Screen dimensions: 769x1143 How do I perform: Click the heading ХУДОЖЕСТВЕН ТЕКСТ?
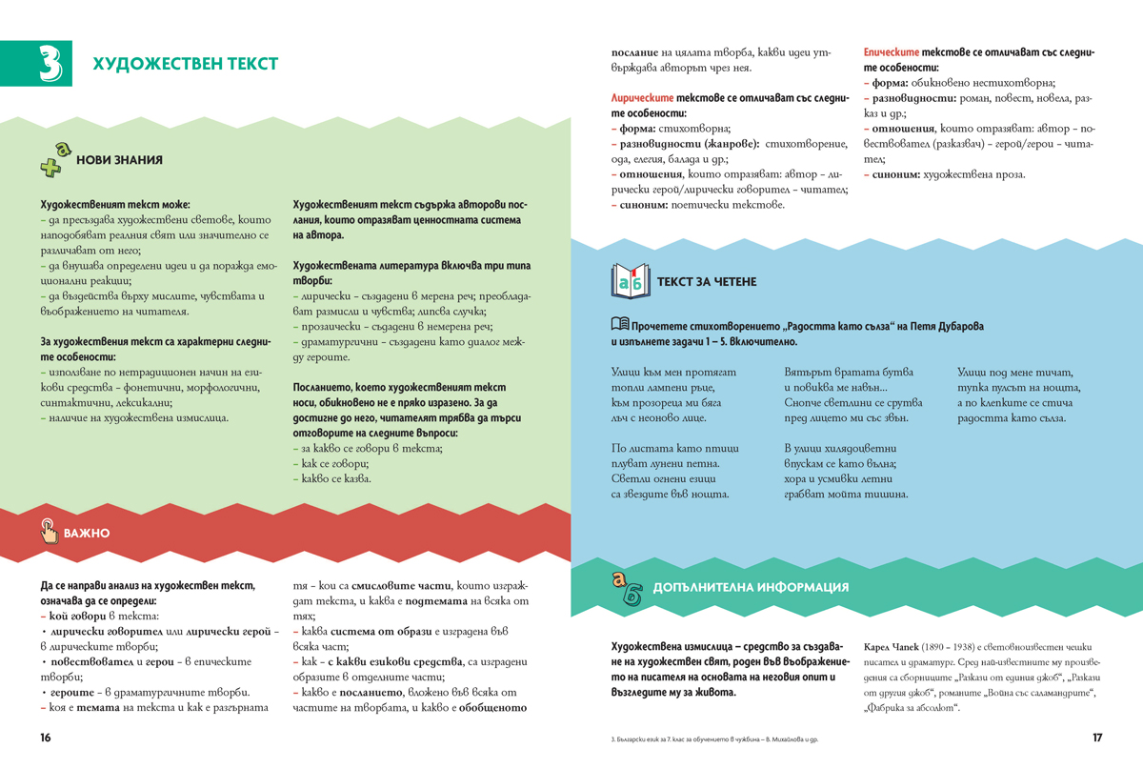(185, 64)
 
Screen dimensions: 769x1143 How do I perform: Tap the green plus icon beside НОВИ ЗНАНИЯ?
(55, 160)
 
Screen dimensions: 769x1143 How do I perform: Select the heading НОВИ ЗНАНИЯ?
(119, 161)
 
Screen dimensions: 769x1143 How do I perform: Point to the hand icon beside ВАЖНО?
(49, 532)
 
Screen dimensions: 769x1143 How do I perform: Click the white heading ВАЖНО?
(87, 533)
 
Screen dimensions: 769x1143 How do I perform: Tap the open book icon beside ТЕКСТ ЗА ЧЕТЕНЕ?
(630, 281)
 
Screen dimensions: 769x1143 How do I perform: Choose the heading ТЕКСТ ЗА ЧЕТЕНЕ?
(707, 282)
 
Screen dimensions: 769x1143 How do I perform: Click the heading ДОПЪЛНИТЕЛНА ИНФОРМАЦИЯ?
(751, 587)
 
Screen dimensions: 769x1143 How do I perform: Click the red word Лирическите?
(642, 98)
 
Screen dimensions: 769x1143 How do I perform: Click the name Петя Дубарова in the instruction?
(947, 326)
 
